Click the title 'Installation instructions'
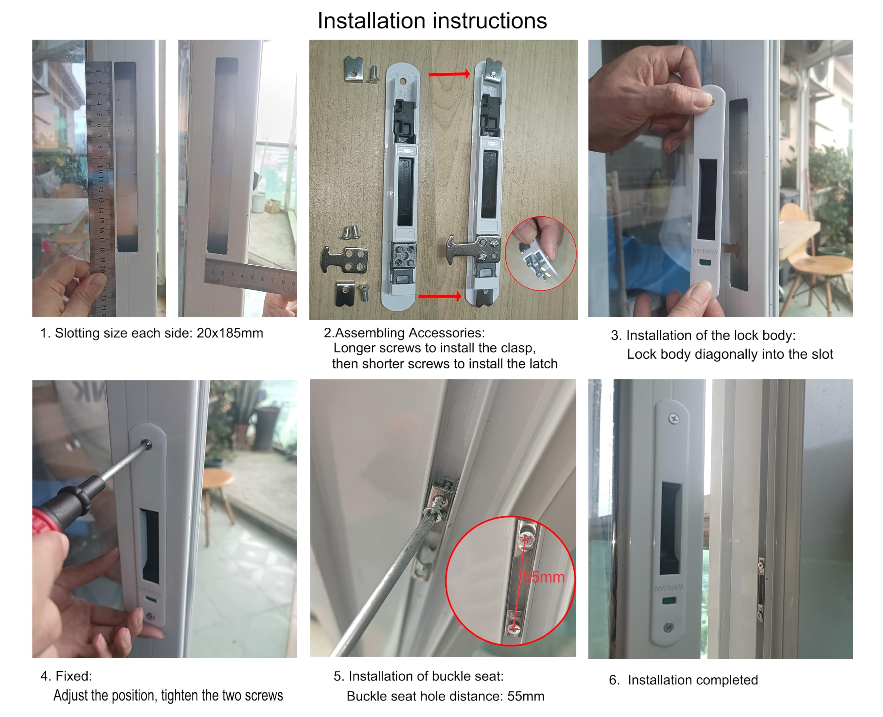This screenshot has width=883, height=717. click(431, 21)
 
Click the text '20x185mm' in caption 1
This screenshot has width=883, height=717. click(229, 333)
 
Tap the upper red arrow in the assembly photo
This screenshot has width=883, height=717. click(449, 74)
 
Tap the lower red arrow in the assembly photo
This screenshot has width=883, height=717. click(439, 296)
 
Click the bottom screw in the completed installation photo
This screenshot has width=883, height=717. click(668, 627)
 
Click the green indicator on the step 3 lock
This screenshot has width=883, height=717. click(705, 262)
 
